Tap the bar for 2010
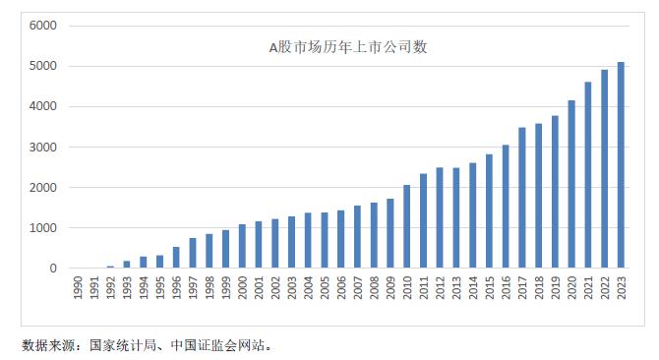[406, 226]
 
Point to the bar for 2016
[505, 207]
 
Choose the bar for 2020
[570, 184]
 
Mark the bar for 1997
[193, 253]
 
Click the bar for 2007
[357, 237]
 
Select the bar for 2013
[455, 218]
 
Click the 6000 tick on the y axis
[44, 25]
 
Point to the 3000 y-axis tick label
[44, 147]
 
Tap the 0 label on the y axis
[54, 269]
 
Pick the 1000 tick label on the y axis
[44, 228]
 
